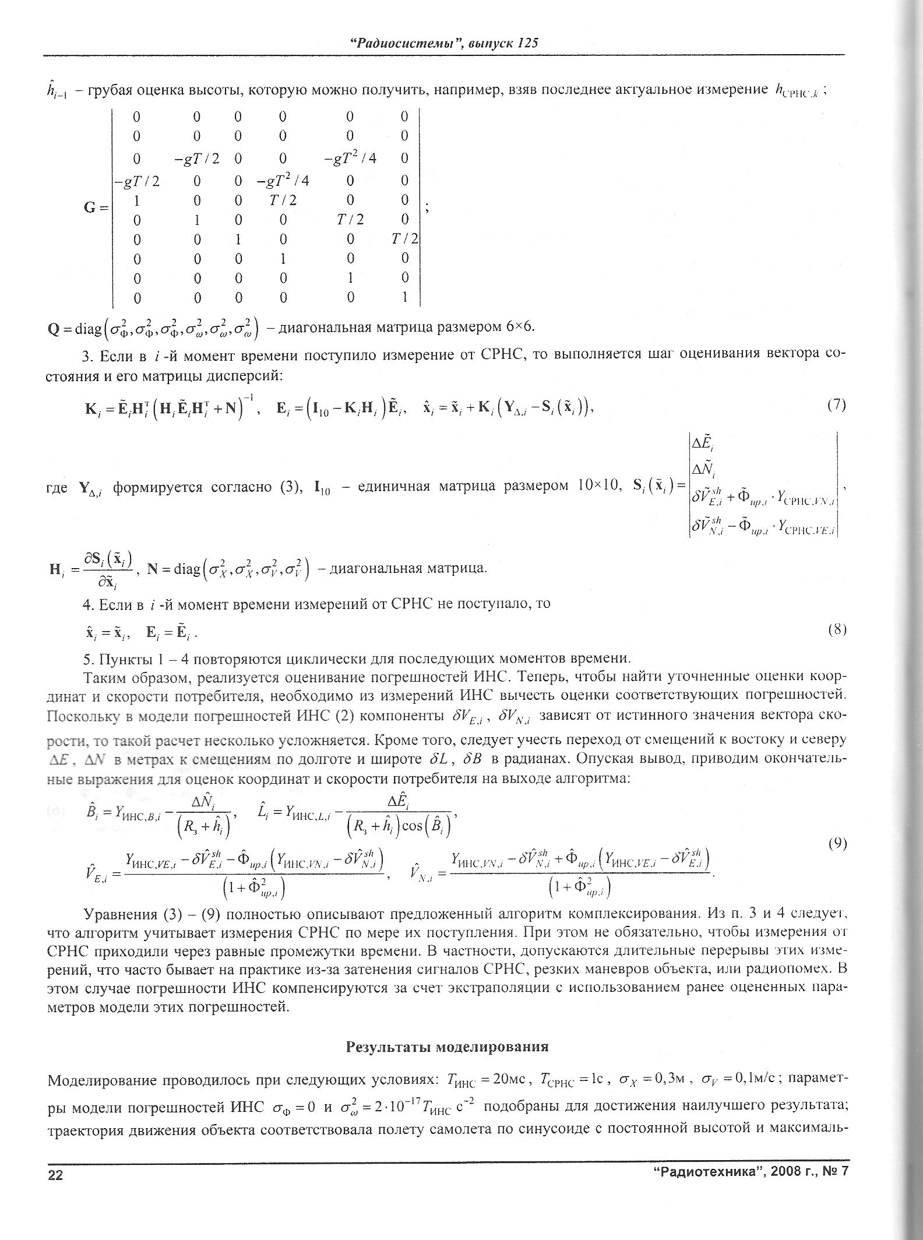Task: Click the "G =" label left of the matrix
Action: tap(94, 207)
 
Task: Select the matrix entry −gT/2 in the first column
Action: tap(137, 181)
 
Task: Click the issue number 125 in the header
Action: tap(526, 43)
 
